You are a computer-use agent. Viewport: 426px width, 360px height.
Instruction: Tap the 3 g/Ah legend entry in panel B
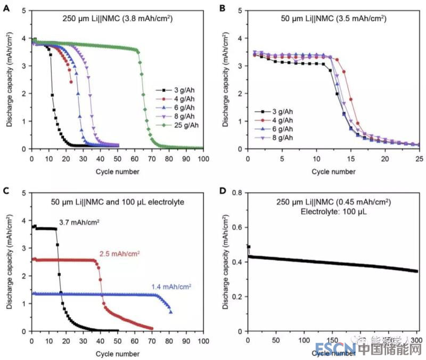click(282, 111)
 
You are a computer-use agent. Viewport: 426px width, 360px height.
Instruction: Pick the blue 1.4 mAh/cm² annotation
click(171, 287)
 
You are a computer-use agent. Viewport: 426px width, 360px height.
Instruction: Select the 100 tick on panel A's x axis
click(203, 159)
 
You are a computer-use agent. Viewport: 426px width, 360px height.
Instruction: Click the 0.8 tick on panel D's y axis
click(238, 193)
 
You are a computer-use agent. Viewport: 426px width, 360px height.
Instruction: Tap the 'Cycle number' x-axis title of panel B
click(333, 171)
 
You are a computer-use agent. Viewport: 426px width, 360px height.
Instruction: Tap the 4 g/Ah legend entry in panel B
click(282, 120)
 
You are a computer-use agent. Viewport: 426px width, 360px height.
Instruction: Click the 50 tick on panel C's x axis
click(118, 341)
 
